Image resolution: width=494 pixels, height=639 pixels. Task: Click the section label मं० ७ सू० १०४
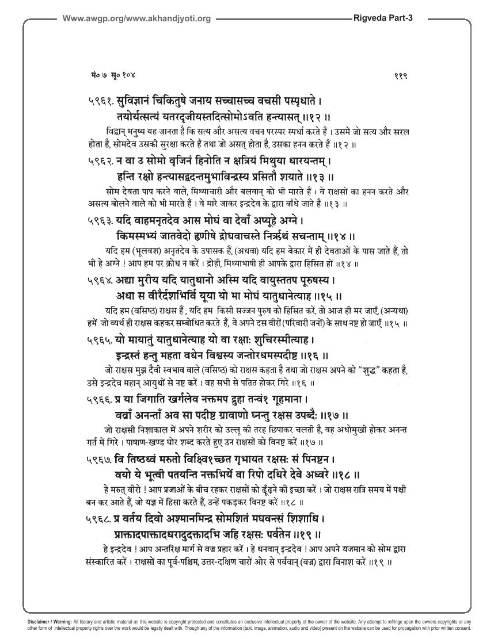[x=109, y=75]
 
